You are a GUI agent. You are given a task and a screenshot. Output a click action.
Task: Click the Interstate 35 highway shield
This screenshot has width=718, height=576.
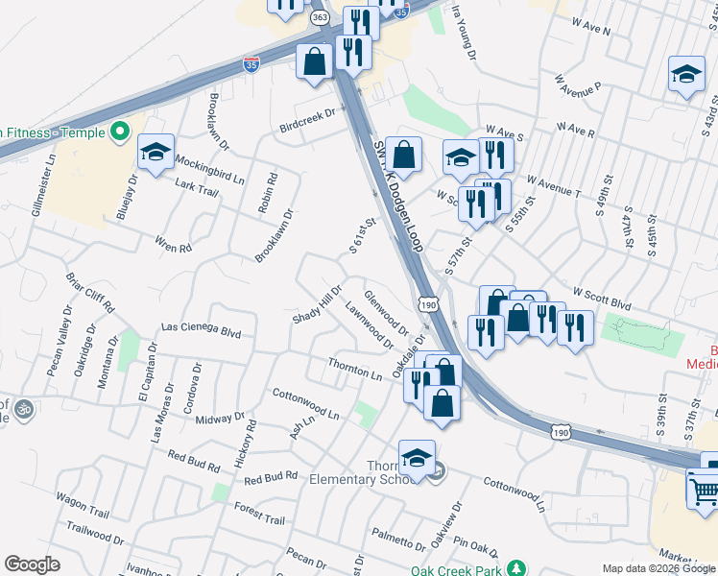251,64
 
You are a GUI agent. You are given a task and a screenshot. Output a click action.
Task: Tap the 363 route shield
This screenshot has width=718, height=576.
320,18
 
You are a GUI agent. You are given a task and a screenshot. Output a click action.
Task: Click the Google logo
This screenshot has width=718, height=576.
32,564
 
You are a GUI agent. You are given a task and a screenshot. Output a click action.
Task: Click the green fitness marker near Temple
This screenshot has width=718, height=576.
120,132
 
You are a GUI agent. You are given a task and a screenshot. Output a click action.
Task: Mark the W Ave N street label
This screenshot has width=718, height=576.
589,30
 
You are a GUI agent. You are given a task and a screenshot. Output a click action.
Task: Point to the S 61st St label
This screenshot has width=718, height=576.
361,236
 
